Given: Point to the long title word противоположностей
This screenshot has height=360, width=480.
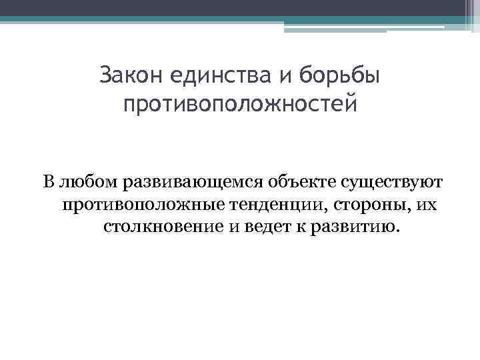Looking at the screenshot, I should (x=240, y=105).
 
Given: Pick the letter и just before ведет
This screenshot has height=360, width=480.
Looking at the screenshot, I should (x=234, y=227).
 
